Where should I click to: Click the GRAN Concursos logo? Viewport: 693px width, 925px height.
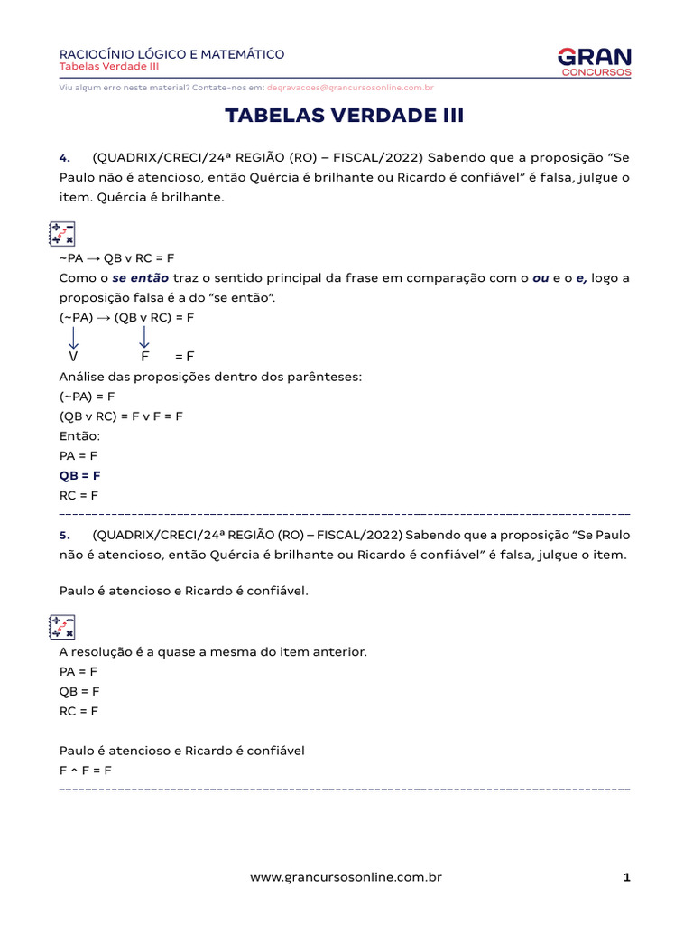tap(595, 61)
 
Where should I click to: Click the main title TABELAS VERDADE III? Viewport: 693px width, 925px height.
tap(344, 116)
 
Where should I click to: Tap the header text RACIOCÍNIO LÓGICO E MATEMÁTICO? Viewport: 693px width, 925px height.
tap(171, 54)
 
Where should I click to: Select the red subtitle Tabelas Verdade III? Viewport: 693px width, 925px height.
tap(109, 67)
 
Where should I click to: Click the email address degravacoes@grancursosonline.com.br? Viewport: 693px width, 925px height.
tap(350, 88)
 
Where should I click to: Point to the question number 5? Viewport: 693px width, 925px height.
tap(64, 534)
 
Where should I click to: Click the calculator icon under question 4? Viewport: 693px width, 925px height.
tap(61, 234)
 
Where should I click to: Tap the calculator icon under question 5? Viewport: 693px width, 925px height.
tap(61, 627)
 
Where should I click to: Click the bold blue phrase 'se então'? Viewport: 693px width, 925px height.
tap(140, 278)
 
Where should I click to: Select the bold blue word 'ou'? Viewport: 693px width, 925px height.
tap(541, 278)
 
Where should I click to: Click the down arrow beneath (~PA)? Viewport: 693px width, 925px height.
tap(73, 338)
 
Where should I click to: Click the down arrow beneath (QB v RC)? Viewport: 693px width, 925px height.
tap(144, 338)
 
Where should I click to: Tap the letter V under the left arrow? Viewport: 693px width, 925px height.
tap(73, 357)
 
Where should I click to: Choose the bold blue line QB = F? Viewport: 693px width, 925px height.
tap(79, 475)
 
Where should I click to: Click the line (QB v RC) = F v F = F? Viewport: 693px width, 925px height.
tap(121, 416)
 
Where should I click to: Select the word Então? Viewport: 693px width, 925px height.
tap(79, 436)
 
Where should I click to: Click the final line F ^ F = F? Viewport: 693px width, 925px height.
tap(85, 771)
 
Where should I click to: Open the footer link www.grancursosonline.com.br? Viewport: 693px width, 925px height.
tap(346, 877)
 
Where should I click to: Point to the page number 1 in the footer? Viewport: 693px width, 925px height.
tap(625, 877)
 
